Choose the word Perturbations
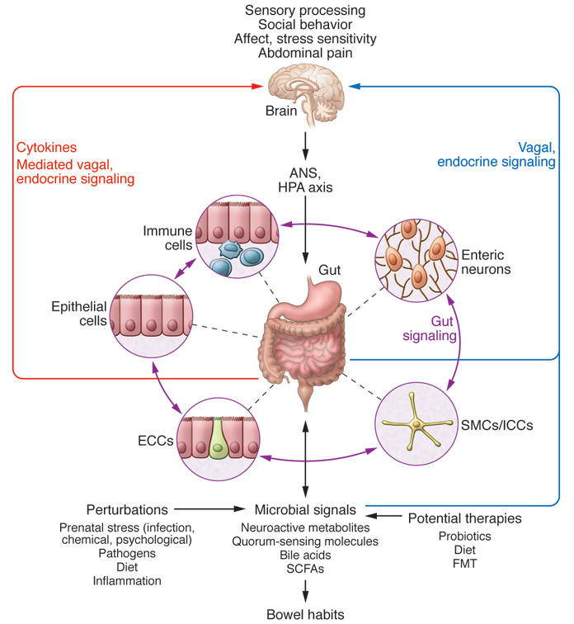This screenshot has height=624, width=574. coord(126,508)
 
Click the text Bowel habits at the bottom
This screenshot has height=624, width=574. coord(305,613)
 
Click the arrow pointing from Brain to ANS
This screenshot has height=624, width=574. coord(305,141)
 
